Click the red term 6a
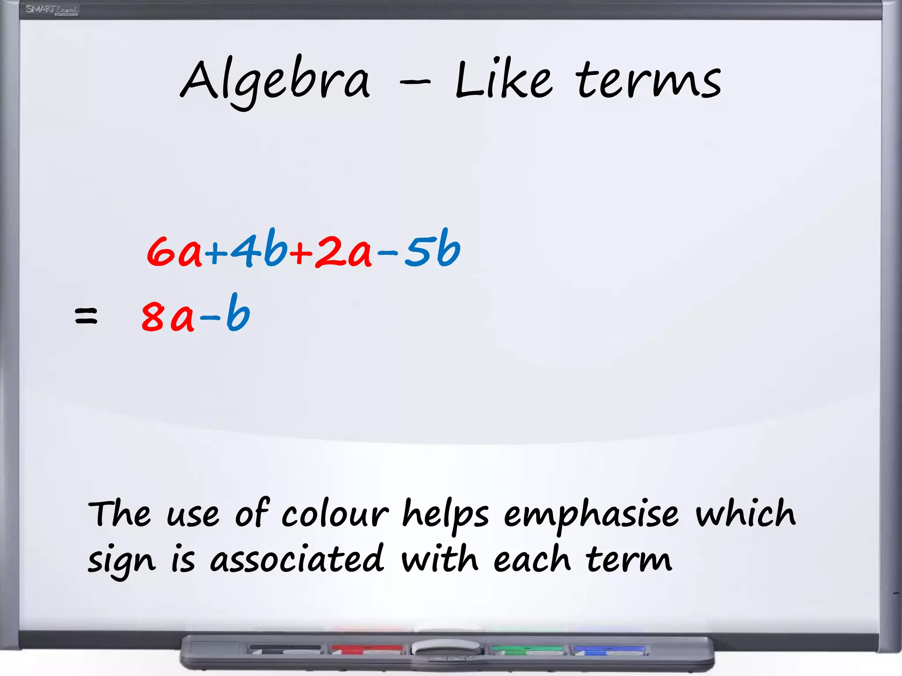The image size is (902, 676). (174, 251)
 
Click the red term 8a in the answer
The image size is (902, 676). (168, 315)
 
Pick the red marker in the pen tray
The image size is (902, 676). (367, 649)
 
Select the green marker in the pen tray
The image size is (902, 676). (527, 649)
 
